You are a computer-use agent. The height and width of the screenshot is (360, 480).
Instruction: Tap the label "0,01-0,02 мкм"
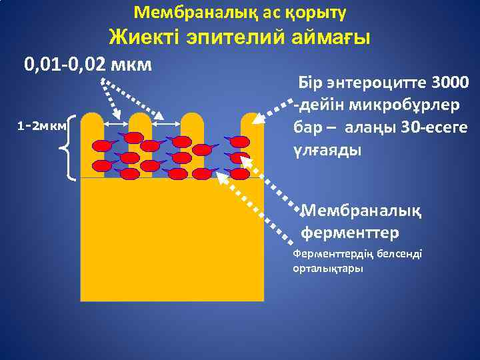tap(88, 65)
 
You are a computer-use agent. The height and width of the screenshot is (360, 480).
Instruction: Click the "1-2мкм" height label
tap(41, 125)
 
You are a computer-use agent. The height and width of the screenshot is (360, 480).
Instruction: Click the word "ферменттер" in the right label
tap(351, 233)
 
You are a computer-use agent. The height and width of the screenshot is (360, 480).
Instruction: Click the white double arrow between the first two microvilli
tap(117, 124)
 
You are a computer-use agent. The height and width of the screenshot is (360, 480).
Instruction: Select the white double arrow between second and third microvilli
tap(167, 124)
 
